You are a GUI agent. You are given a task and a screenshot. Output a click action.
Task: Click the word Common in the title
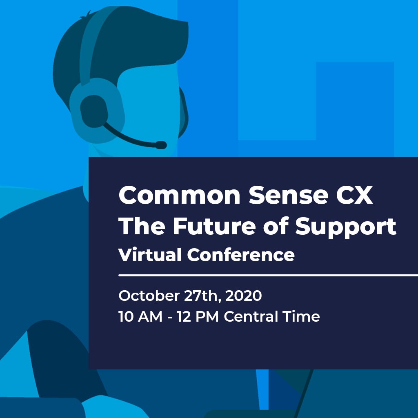coord(180,195)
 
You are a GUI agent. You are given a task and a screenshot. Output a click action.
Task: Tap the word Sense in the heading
coord(288,195)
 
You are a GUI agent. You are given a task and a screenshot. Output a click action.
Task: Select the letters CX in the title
coord(354,195)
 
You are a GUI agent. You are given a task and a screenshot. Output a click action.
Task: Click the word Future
coord(214,226)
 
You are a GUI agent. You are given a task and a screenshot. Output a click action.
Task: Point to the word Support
coord(346,227)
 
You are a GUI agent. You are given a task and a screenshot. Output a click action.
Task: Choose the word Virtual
coord(150,255)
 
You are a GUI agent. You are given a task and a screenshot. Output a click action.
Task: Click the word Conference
coord(241,255)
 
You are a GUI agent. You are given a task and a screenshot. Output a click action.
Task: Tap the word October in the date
coord(149,296)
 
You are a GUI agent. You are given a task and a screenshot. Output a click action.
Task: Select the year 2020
coord(243,296)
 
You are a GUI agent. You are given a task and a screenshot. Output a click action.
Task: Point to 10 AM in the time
coord(140,316)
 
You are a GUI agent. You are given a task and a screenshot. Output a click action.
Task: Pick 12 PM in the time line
coord(198,316)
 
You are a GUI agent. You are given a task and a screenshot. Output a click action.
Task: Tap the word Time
coord(301,316)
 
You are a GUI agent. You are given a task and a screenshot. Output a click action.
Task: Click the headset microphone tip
coord(161,145)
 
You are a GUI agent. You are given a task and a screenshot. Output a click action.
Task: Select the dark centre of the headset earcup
coord(94,111)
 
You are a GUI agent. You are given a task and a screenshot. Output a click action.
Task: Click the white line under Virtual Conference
coord(268,275)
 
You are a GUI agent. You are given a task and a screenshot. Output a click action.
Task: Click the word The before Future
coord(142,226)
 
